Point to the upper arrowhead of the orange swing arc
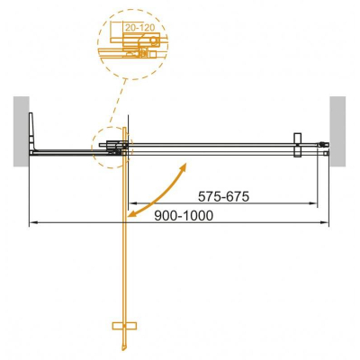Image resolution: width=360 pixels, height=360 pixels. point(184,167)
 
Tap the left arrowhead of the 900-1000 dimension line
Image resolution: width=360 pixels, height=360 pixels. point(33,221)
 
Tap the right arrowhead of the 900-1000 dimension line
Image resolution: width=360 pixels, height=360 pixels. point(325,221)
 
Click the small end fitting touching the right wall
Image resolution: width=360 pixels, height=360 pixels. point(323,144)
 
